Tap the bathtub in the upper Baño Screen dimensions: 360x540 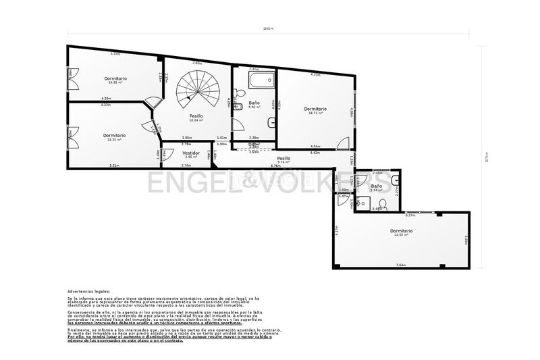tap(260, 82)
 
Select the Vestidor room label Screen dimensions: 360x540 tap(191, 154)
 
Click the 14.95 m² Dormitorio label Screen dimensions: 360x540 tap(115, 80)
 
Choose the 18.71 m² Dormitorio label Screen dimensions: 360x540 tap(315, 110)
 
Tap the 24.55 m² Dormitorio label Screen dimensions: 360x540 tap(401, 233)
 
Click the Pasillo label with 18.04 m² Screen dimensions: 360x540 tap(196, 118)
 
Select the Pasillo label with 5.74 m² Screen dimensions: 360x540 tap(283, 159)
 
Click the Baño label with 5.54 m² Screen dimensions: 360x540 tap(376, 187)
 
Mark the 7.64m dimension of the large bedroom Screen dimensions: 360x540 tap(401, 265)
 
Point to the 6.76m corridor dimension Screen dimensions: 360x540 tap(275, 165)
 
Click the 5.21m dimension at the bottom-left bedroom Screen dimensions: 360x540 tap(114, 165)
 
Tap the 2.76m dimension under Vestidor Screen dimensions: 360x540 tap(186, 165)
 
